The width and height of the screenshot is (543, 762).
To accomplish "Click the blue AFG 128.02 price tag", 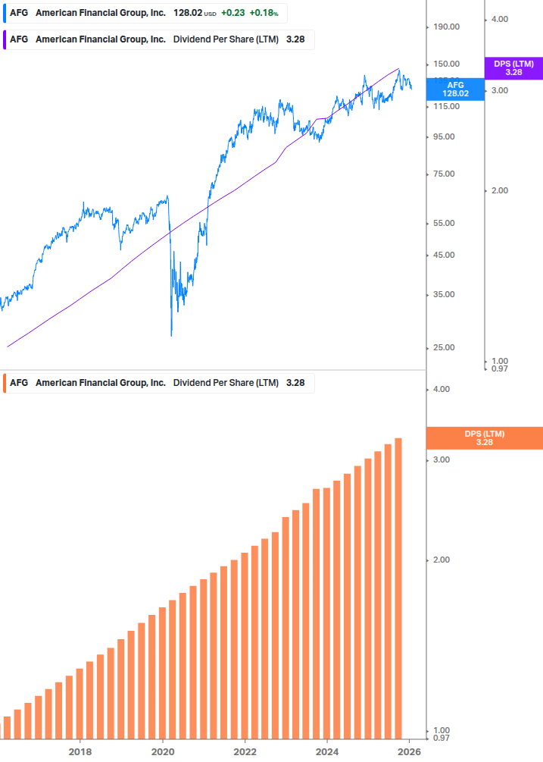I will (455, 89).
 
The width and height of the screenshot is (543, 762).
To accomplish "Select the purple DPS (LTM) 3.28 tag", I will (513, 68).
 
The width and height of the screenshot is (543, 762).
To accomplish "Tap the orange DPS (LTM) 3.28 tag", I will (484, 437).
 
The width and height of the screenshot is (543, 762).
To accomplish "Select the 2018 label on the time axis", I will (80, 751).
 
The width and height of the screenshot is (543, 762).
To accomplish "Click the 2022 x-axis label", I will (245, 751).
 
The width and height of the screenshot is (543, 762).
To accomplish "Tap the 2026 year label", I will (409, 751).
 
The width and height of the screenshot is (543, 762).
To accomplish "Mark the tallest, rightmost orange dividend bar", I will (398, 584).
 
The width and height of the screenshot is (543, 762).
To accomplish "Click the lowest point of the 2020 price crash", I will (172, 335).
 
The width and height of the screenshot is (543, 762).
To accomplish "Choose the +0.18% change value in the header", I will (264, 13).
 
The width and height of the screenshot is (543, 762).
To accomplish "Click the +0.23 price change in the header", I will (232, 13).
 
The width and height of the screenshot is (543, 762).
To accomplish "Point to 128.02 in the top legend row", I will (189, 13).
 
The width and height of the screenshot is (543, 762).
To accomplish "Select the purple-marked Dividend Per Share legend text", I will (226, 39).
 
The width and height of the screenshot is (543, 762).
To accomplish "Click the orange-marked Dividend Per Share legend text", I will (226, 383).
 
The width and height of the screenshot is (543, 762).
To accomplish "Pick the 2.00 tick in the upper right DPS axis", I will (499, 190).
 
